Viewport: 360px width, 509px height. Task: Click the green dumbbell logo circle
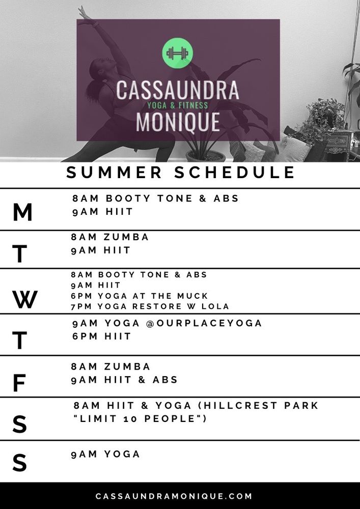coord(177,53)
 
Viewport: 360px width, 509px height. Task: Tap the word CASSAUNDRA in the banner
coord(178,90)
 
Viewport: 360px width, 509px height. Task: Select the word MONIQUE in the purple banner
coord(178,122)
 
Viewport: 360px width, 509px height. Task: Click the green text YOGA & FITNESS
coord(178,105)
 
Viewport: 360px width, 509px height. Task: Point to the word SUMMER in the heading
coord(114,173)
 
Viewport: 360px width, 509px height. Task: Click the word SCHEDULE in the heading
coord(234,173)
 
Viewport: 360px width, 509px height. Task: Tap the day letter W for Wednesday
coord(25,299)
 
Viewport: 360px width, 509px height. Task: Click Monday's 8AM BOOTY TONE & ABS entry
coord(155,198)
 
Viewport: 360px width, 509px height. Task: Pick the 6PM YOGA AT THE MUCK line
coord(139,296)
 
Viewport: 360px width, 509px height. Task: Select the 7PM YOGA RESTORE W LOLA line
coord(150,306)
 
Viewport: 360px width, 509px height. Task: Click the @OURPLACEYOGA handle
coord(204,323)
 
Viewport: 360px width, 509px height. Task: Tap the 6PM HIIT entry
coord(102,336)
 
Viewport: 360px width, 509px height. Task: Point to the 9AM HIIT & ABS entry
coord(124,380)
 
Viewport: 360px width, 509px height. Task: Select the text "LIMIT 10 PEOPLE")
coord(140,419)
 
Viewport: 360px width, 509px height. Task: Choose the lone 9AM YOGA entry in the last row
coord(105,454)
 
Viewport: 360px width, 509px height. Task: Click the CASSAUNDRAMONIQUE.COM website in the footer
coord(174,496)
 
